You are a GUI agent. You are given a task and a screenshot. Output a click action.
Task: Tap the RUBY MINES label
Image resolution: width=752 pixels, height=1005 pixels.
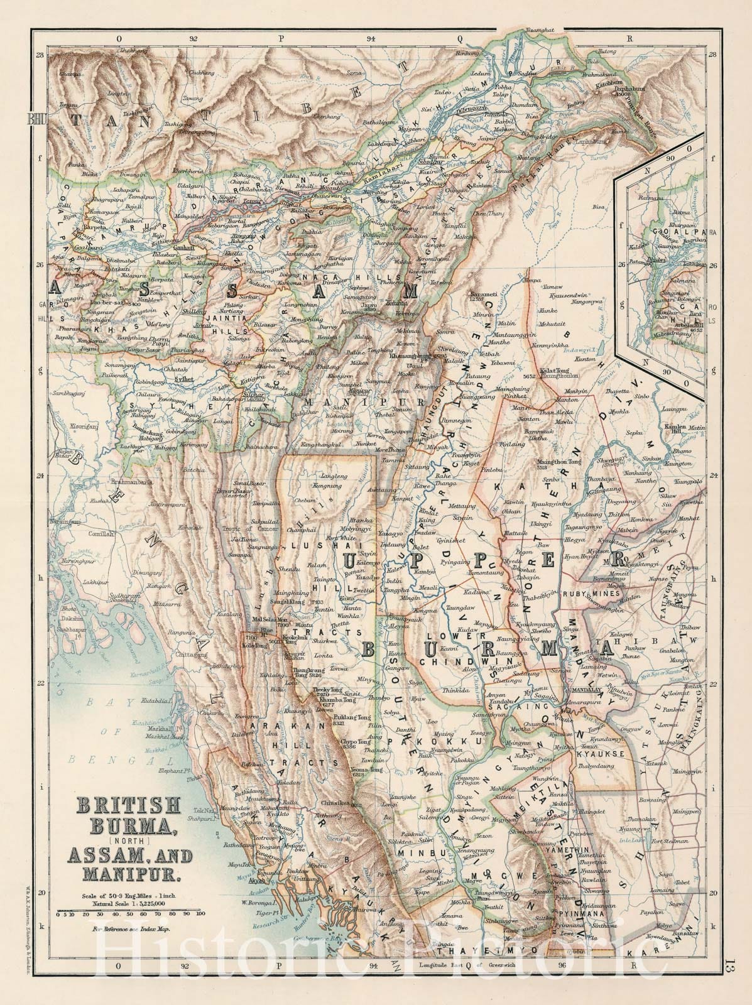(x=567, y=592)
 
